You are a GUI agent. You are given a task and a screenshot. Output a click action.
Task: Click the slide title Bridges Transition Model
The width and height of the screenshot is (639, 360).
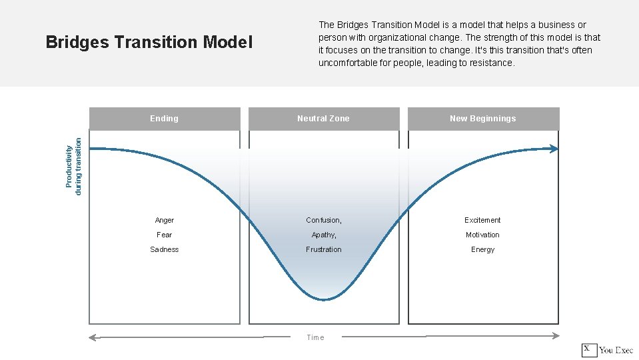click(149, 43)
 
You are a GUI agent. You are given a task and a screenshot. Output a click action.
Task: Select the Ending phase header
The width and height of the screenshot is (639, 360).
click(164, 119)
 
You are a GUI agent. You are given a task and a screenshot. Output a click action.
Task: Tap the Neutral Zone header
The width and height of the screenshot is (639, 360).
click(323, 119)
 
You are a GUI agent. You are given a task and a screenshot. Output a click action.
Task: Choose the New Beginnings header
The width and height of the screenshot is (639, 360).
click(482, 119)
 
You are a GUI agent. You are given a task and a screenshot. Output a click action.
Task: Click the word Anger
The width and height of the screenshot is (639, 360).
click(165, 220)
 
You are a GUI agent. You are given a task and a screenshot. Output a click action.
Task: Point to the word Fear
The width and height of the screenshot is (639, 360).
click(165, 235)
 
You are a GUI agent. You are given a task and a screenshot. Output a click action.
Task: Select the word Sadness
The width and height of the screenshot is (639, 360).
click(165, 249)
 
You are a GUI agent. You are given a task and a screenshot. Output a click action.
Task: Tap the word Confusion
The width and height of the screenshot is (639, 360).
click(323, 220)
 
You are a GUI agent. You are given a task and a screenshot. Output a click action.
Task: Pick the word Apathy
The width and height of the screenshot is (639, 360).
click(323, 235)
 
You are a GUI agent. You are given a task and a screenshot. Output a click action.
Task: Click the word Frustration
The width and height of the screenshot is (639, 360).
click(324, 249)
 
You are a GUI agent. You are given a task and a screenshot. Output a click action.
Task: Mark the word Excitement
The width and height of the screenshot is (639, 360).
click(482, 220)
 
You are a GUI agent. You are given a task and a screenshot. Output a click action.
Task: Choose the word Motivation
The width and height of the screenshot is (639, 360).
click(482, 235)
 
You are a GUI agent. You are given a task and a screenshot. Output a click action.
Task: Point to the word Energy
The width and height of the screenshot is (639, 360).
click(482, 249)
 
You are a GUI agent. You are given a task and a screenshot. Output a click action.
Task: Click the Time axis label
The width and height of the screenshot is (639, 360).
click(315, 337)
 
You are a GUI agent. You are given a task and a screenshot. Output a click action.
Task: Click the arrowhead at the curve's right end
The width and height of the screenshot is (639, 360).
click(555, 149)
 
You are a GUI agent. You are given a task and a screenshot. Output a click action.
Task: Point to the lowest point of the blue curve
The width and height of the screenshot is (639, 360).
click(324, 300)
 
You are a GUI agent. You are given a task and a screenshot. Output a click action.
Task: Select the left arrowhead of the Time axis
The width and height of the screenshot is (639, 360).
click(93, 337)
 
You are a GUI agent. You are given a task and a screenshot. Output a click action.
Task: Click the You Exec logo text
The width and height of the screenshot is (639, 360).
click(616, 350)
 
